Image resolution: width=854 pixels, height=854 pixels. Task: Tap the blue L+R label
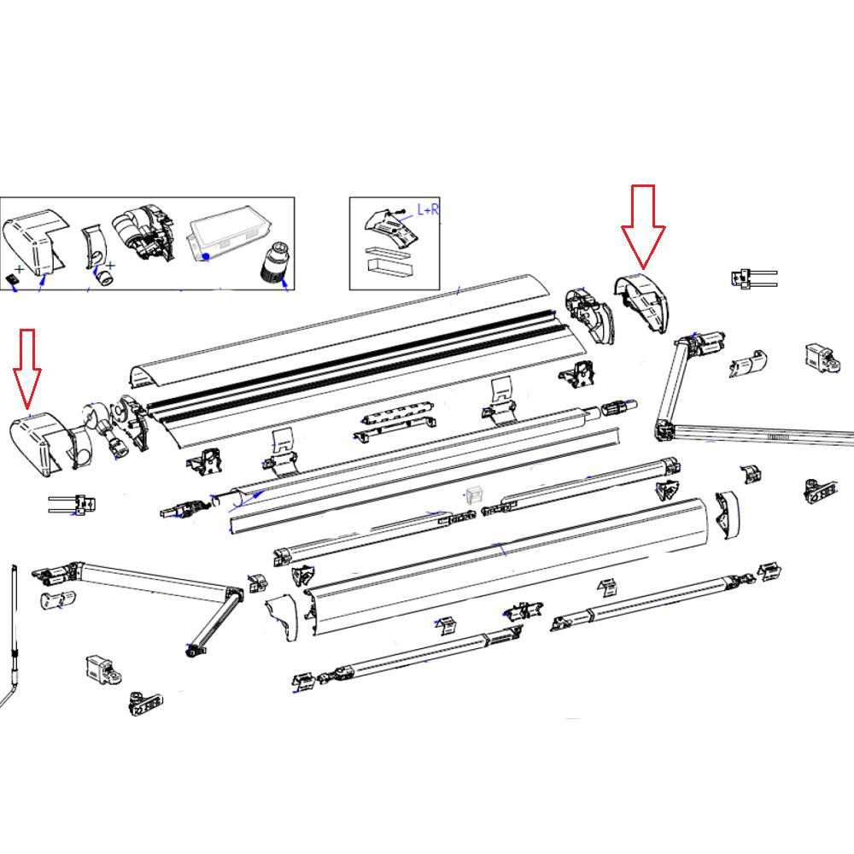coord(427,209)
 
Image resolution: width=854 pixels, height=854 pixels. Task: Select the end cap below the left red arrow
coord(35,444)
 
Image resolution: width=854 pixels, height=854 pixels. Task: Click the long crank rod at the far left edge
coord(15,632)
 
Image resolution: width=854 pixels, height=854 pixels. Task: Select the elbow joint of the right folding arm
coord(663,429)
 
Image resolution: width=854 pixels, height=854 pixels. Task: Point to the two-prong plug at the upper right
coord(752,278)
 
